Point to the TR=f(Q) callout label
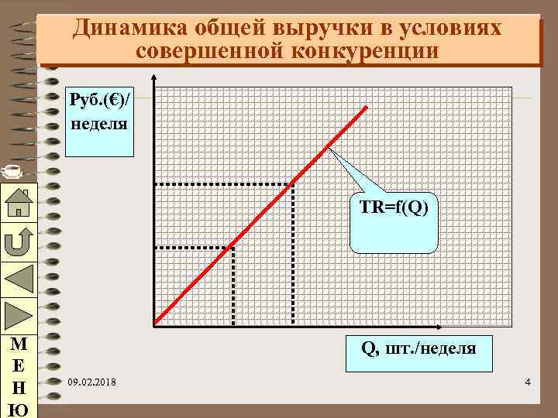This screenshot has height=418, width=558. point(394,207)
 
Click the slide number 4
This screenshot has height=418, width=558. point(527,383)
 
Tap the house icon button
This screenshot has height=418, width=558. point(17,203)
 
